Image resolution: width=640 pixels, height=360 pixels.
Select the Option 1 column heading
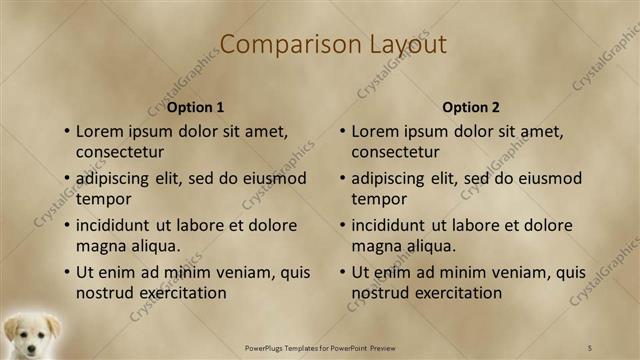[195, 107]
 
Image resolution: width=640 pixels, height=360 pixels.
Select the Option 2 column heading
[471, 107]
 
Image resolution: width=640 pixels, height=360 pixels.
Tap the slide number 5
[591, 347]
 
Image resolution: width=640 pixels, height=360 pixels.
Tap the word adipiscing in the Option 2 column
[393, 178]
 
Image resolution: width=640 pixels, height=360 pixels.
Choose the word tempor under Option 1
[103, 199]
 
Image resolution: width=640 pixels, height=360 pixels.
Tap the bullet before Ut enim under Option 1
[66, 272]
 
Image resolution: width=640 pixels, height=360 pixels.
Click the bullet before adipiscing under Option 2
[342, 178]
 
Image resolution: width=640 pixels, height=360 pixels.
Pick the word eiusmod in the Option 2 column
[545, 178]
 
